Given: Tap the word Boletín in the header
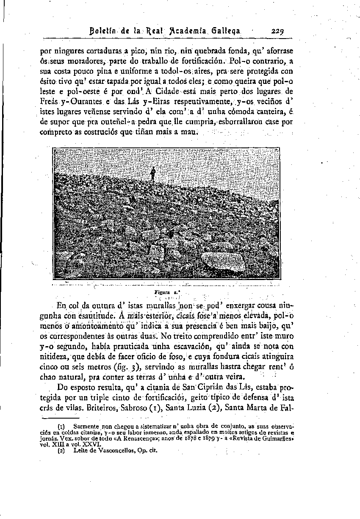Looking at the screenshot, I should coord(103,31).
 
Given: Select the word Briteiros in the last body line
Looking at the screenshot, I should coord(101,408).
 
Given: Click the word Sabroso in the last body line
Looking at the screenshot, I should coord(134,408).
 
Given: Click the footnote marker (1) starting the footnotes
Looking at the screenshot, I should coord(61,426).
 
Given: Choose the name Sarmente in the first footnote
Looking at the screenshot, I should coord(86,426).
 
